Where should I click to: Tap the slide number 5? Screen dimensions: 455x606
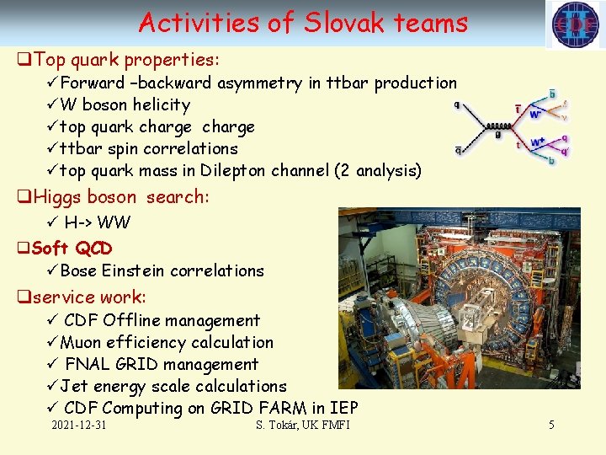click(x=551, y=425)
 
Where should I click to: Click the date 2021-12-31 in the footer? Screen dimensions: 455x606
click(x=79, y=425)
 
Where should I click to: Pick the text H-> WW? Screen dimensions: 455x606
click(x=97, y=222)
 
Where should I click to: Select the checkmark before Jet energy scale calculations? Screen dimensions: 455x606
click(x=52, y=386)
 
